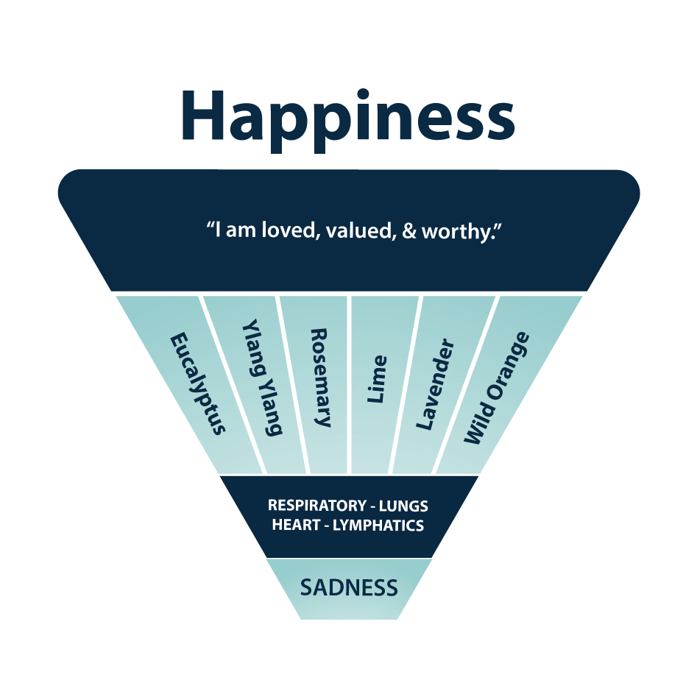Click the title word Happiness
347,116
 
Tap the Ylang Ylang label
262,377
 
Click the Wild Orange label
496,388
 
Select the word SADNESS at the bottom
349,588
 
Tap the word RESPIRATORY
316,506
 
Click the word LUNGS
403,506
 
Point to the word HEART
294,526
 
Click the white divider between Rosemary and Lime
350,383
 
